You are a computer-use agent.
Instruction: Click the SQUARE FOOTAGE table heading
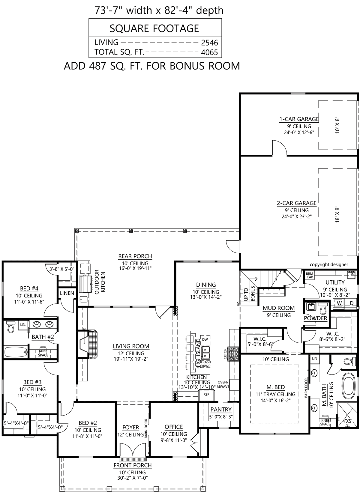tap(154, 28)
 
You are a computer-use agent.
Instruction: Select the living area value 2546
tap(209, 43)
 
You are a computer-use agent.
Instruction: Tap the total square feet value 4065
tap(209, 52)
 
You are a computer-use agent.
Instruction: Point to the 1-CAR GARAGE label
tap(299, 119)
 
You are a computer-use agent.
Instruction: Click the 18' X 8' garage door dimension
tap(337, 215)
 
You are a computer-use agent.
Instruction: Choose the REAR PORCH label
tap(135, 256)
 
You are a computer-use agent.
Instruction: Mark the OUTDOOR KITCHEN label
tap(100, 282)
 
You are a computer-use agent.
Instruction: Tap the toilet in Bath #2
tap(10, 327)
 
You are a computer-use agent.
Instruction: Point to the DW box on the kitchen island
tap(205, 339)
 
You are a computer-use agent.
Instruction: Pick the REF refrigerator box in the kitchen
tap(206, 394)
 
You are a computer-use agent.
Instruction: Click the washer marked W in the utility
tap(339, 303)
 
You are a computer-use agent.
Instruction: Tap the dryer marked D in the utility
tap(352, 303)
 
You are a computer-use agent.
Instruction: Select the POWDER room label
tap(316, 318)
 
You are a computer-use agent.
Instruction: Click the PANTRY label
tap(221, 409)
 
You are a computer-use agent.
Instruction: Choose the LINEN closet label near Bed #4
tap(67, 293)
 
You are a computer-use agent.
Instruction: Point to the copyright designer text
tap(329, 264)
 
